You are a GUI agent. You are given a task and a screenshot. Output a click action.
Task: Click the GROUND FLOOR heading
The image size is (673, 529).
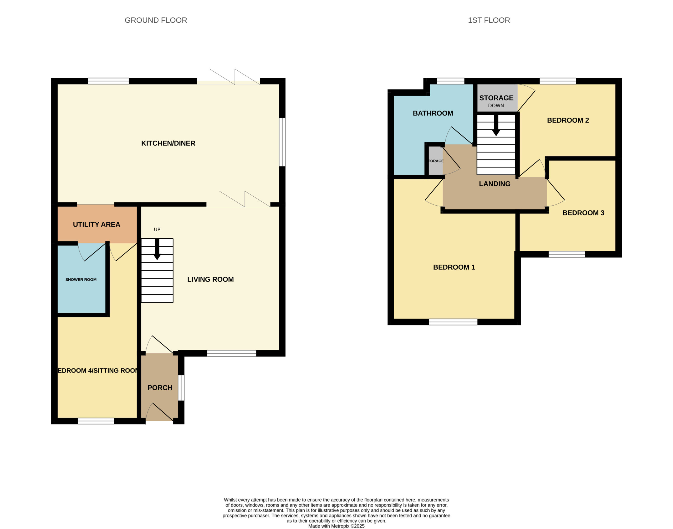coord(156,20)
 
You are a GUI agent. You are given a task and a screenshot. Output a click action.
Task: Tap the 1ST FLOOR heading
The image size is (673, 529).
coord(489,20)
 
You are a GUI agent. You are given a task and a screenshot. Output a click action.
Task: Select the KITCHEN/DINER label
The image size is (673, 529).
coord(168,143)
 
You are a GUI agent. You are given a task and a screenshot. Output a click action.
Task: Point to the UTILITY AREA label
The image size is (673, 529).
coord(96,224)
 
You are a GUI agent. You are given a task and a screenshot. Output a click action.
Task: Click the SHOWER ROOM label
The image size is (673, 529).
coord(81,280)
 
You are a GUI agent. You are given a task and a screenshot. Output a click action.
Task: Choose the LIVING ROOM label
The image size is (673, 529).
coord(210,279)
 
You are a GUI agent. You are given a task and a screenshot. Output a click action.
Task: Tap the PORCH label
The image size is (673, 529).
coord(160,388)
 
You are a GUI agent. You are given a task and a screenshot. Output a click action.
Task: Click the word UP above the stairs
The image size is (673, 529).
coord(157,229)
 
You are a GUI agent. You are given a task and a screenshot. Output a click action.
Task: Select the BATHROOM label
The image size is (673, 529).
coord(433,113)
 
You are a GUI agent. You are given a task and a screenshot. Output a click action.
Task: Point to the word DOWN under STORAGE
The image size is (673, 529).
coord(496,106)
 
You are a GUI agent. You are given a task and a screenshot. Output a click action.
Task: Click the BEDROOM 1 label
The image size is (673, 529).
coord(454,267)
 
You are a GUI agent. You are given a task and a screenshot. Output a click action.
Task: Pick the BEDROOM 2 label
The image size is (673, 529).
coord(568,121)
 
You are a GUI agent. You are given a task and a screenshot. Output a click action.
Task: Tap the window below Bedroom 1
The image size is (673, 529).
coord(453,322)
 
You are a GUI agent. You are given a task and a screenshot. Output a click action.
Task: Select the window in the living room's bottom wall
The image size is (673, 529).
coord(232,353)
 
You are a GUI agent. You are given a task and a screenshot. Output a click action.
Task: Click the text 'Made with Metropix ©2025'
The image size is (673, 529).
coord(336,526)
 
